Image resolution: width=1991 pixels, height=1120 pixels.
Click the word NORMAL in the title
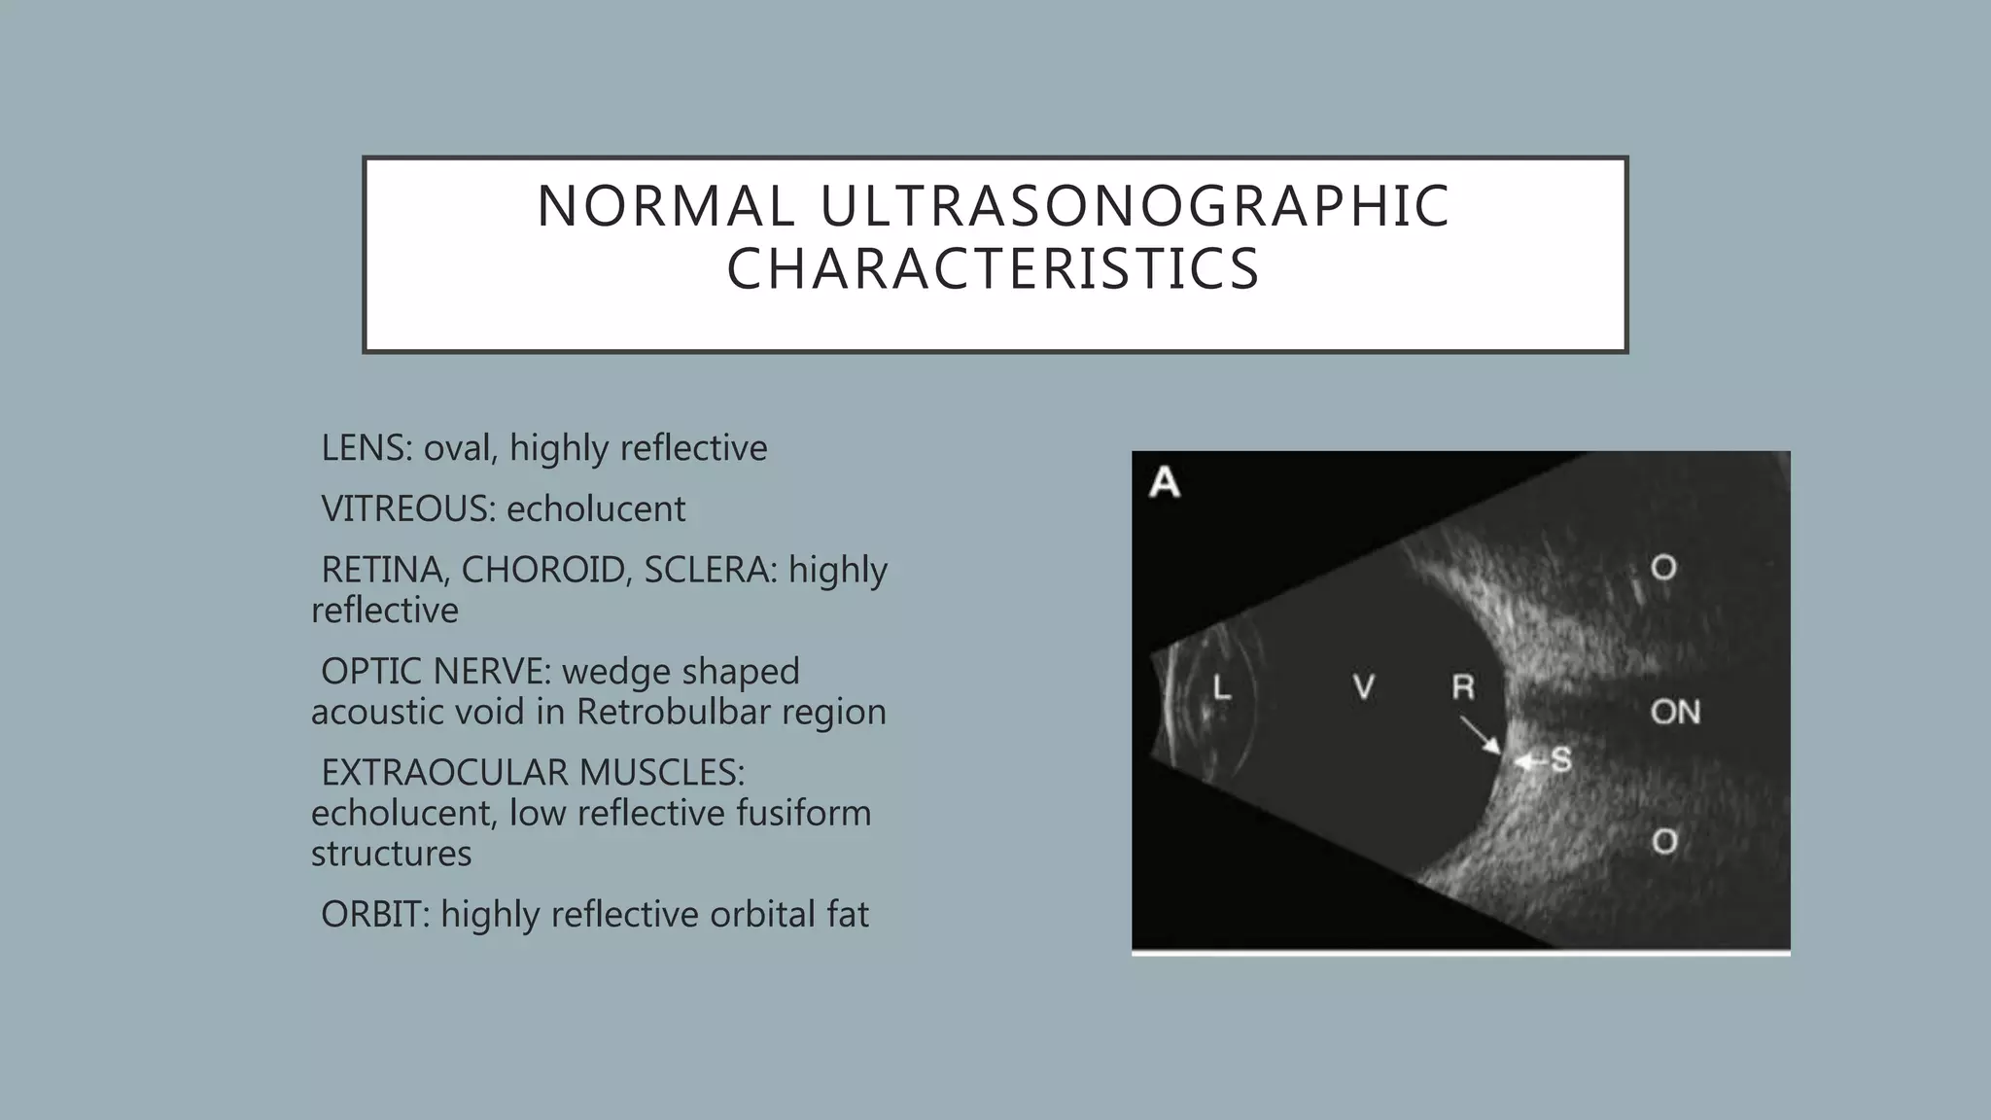point(664,207)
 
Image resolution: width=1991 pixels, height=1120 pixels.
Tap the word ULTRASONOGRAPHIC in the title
point(1135,207)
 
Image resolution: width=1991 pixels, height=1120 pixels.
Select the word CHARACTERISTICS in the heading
point(994,269)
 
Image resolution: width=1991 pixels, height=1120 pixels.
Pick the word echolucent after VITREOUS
point(596,508)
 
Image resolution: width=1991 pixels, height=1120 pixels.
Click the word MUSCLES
point(662,773)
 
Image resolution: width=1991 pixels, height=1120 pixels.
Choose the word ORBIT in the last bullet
point(375,914)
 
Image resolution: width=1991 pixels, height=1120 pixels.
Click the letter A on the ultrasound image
point(1165,483)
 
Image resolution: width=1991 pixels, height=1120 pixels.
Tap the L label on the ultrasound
point(1222,688)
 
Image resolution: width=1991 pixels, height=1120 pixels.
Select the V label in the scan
point(1364,687)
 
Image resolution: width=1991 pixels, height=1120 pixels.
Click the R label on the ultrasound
point(1463,687)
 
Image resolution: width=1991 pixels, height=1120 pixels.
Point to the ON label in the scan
point(1675,713)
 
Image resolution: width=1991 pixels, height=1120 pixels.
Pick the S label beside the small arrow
point(1561,759)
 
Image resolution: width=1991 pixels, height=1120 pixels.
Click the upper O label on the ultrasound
point(1664,568)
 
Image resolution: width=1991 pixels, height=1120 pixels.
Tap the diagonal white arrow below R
point(1481,734)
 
